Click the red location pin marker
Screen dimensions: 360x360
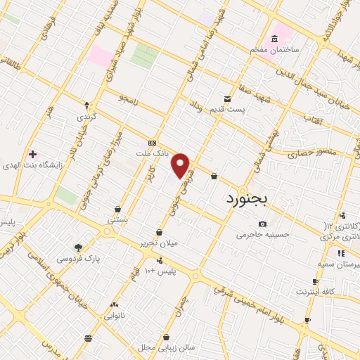coord(181,165)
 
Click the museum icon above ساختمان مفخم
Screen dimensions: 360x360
coord(274,38)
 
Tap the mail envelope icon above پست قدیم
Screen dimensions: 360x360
coord(227,99)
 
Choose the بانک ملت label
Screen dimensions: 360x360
coord(152,153)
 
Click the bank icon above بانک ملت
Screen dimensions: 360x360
coord(152,142)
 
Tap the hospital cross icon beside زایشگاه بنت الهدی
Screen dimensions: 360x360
coord(32,153)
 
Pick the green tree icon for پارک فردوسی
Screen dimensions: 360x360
coord(78,247)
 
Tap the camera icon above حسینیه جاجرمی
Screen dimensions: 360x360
coord(262,224)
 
